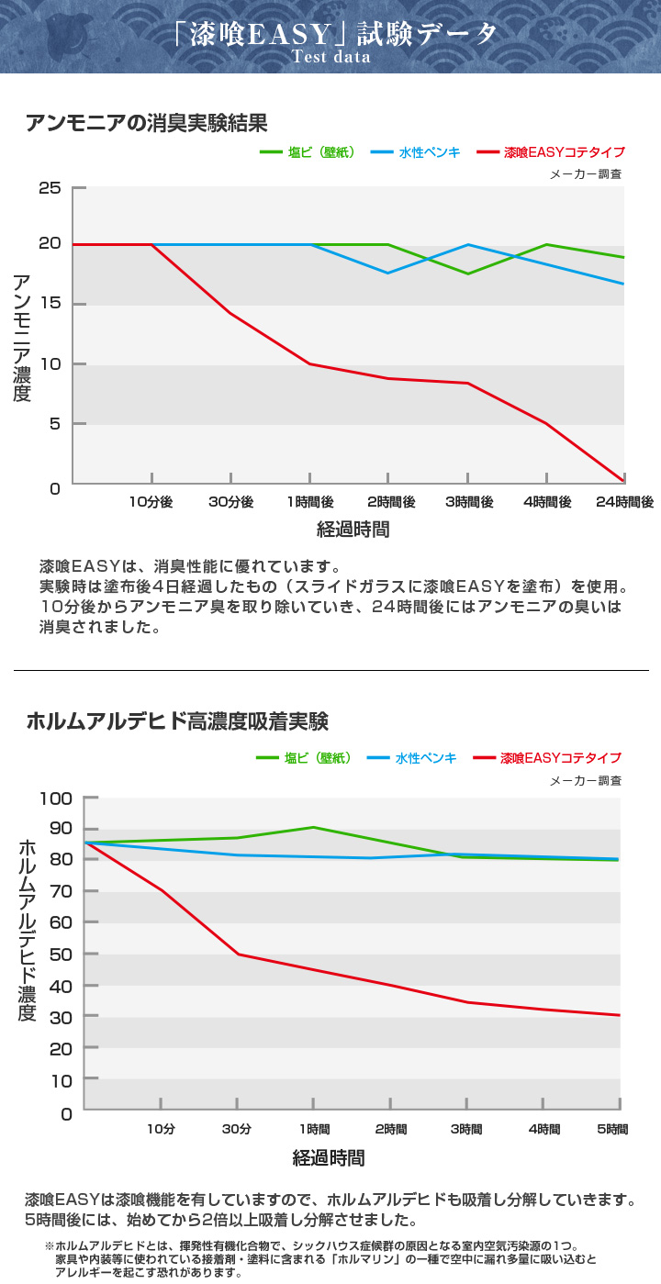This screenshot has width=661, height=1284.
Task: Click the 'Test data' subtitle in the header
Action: [330, 57]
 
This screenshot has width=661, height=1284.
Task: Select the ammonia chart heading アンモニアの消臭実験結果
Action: [147, 123]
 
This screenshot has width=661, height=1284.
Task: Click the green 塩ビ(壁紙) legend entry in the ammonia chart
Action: [308, 153]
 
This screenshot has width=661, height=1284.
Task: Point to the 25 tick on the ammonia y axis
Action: [50, 189]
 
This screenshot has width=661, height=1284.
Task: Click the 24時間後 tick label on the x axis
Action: [624, 502]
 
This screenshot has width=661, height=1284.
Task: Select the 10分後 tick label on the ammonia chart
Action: [151, 502]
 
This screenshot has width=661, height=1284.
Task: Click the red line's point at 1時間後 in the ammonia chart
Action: [309, 364]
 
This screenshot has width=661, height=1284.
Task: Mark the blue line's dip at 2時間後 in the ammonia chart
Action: [388, 273]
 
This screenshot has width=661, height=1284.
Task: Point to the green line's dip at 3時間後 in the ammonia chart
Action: [467, 274]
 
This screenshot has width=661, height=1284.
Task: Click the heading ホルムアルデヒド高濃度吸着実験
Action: [177, 721]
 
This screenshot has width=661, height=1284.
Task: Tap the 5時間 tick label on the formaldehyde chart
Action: [612, 1129]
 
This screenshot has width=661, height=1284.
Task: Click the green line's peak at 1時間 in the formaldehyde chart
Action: [313, 827]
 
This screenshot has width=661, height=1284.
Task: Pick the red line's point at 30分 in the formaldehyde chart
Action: [238, 954]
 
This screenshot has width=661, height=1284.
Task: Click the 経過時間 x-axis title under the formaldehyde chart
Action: [329, 1158]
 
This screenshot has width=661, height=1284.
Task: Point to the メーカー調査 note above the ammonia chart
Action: [586, 174]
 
